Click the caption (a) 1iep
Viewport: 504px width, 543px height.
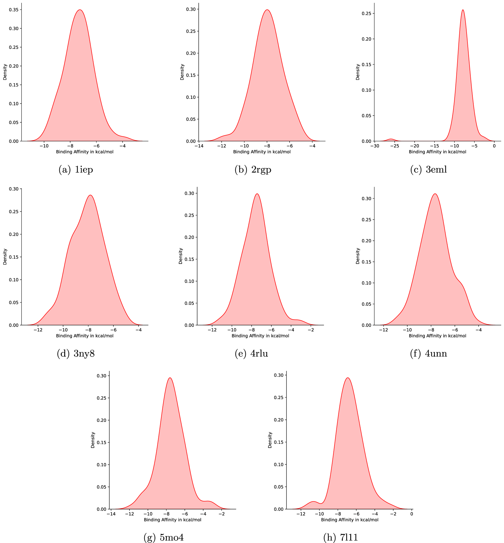(x=76, y=170)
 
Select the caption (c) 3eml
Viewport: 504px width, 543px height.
(x=429, y=170)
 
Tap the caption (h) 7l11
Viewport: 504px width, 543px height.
(x=341, y=537)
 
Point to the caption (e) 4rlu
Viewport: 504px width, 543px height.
(x=252, y=354)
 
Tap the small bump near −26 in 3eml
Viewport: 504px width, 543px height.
(x=391, y=139)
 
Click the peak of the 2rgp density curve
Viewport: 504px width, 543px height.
(x=267, y=10)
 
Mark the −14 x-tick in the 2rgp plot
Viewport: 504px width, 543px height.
(x=199, y=146)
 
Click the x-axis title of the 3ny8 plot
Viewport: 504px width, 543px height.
(x=85, y=336)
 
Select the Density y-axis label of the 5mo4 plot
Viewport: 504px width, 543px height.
(x=93, y=440)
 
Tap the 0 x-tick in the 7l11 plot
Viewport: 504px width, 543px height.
(x=412, y=514)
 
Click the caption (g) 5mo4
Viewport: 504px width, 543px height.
(x=164, y=537)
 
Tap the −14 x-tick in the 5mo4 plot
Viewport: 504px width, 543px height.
(x=111, y=514)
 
